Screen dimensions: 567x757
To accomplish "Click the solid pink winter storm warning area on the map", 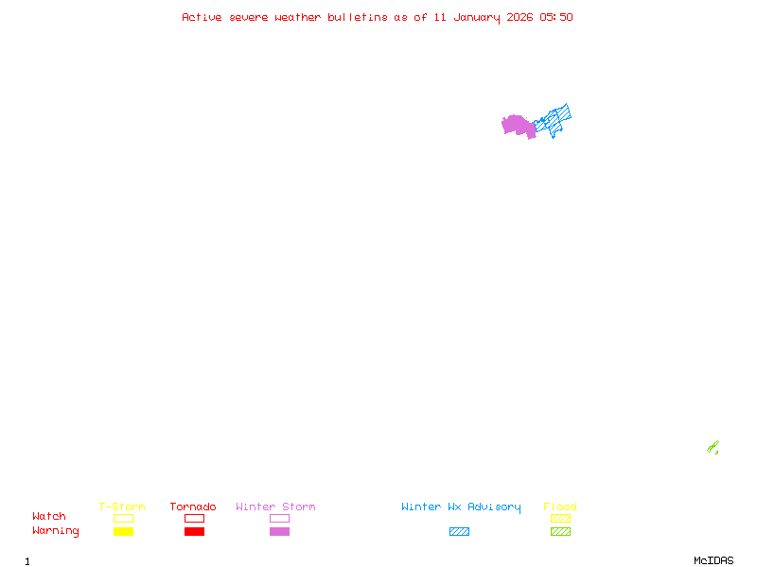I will click(517, 125).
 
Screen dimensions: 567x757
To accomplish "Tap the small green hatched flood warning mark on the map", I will click(713, 447).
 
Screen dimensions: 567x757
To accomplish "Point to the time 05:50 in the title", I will click(556, 17).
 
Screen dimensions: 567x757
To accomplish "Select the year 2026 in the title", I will click(520, 17).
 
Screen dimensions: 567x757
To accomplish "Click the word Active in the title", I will click(202, 17).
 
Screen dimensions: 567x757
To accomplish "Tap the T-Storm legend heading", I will click(122, 507).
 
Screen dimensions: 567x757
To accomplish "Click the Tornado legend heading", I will click(193, 507).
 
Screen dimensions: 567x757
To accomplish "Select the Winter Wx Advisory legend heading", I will click(461, 507).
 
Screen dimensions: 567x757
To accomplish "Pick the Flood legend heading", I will click(560, 507).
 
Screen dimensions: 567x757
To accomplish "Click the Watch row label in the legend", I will click(49, 517).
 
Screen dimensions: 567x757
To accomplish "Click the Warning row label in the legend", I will click(56, 531).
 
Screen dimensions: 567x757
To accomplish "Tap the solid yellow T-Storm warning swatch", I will click(123, 532).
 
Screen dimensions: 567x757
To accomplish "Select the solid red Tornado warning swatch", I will click(194, 532).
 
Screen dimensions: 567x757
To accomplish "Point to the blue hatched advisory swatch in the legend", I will click(459, 532).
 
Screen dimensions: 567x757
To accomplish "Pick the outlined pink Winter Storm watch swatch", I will click(279, 518).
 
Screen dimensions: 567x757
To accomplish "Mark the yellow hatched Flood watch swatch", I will click(560, 518).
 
